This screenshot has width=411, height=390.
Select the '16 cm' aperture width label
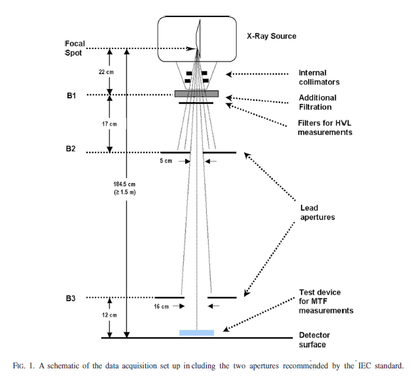coord(161,306)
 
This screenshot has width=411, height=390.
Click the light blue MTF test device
coord(196,332)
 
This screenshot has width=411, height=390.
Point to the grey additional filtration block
coord(196,94)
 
